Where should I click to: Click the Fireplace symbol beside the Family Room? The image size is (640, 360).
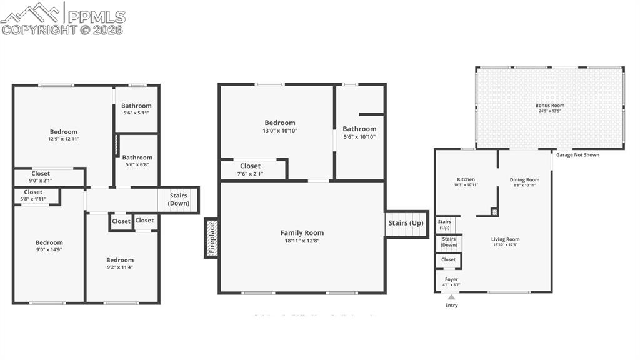click(x=211, y=238)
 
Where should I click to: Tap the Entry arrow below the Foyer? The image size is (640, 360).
click(x=451, y=297)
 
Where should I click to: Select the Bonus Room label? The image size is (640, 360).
click(x=549, y=106)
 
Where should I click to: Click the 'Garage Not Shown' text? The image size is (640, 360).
click(x=577, y=154)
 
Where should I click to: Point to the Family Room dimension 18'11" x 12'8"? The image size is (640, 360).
click(x=302, y=241)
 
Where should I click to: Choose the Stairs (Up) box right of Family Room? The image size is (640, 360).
click(x=406, y=223)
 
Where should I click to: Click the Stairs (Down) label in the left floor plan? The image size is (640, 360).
click(x=178, y=199)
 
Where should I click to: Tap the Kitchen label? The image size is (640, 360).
click(x=466, y=179)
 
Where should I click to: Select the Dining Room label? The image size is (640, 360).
click(x=524, y=179)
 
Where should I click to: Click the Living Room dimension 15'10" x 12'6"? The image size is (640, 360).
click(x=505, y=245)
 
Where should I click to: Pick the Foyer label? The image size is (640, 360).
click(x=451, y=279)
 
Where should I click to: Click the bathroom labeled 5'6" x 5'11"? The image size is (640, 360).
click(x=136, y=109)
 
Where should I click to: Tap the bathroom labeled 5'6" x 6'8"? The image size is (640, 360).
click(x=137, y=161)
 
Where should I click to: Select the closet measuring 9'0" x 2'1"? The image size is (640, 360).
click(x=41, y=177)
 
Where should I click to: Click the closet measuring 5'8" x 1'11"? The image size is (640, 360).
click(x=33, y=196)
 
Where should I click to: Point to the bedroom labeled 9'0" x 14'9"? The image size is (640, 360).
click(x=49, y=246)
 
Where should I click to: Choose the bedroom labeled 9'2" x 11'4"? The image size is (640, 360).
click(x=119, y=263)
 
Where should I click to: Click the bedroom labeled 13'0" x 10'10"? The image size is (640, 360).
click(x=279, y=126)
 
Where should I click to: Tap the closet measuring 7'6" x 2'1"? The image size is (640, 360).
click(x=250, y=169)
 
